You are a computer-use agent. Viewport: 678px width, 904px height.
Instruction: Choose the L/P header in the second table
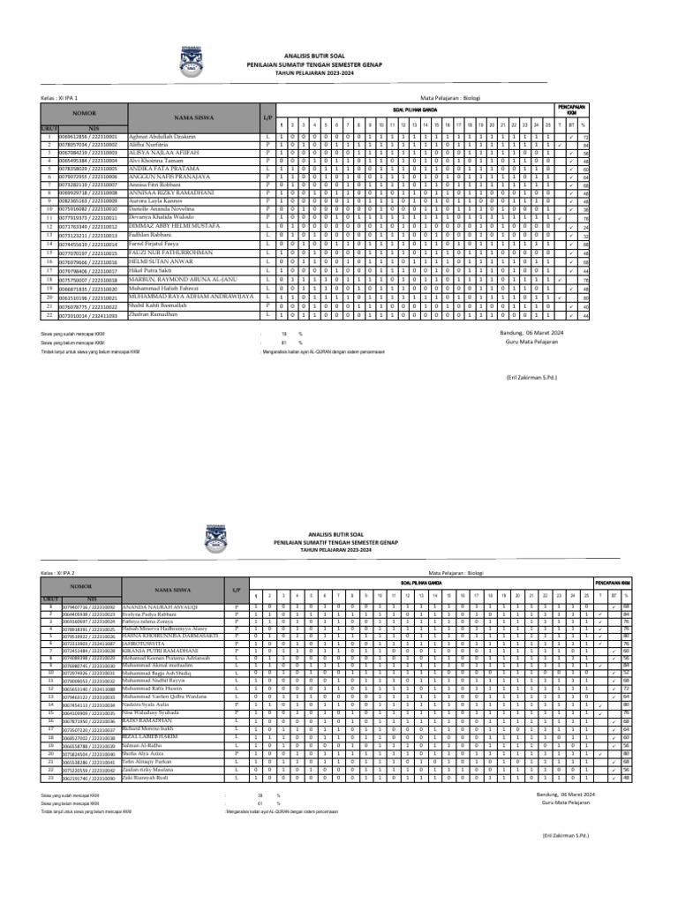(236, 590)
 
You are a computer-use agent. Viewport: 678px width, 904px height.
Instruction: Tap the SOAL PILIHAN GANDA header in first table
(415, 110)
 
